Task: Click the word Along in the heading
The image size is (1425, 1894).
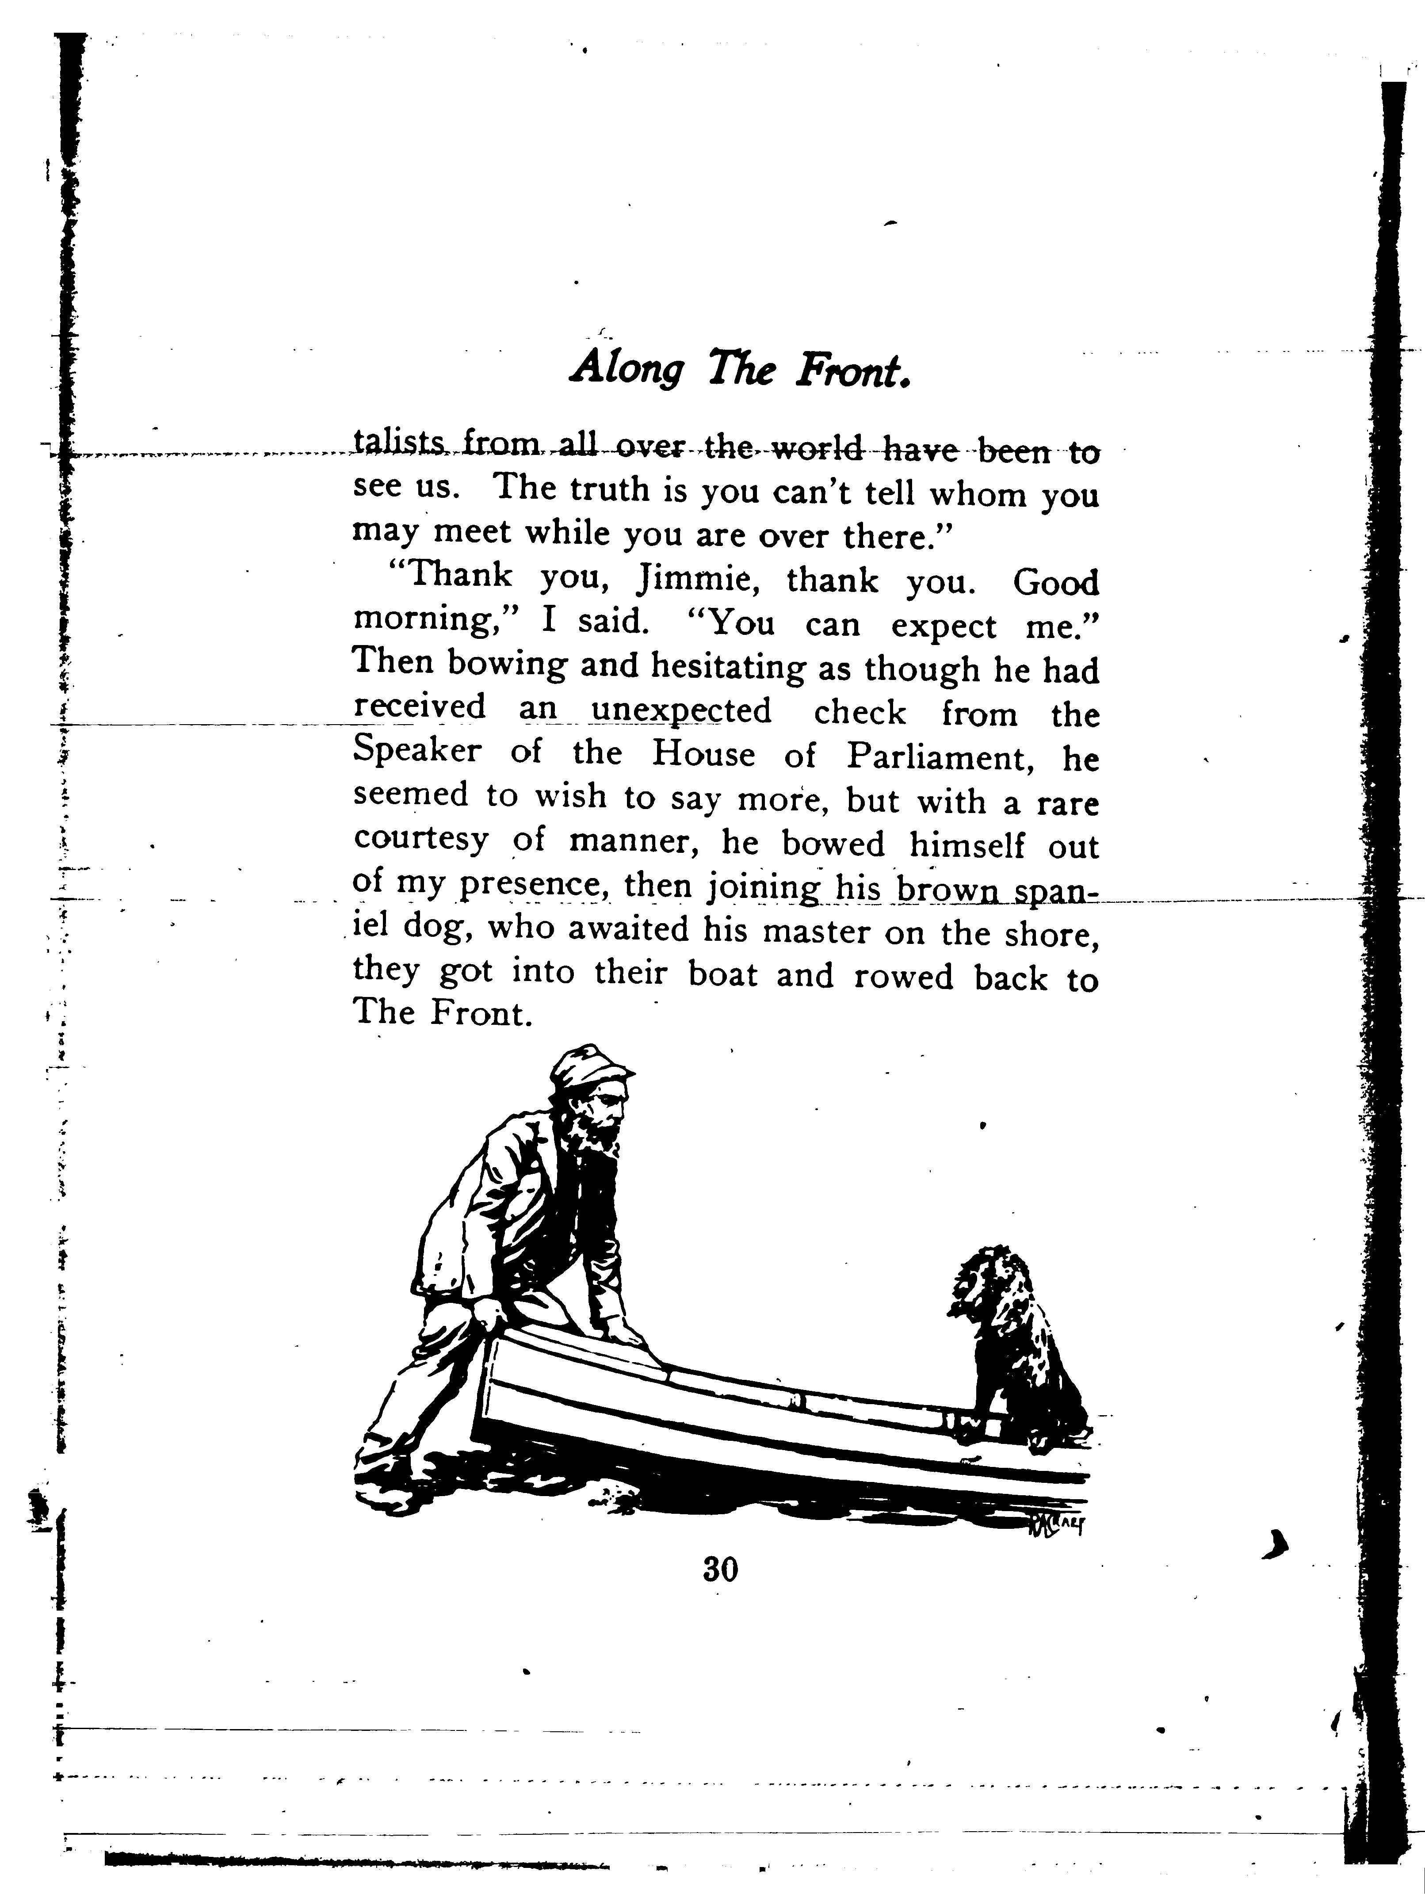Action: click(x=628, y=368)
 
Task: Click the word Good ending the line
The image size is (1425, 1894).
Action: click(x=1055, y=583)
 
